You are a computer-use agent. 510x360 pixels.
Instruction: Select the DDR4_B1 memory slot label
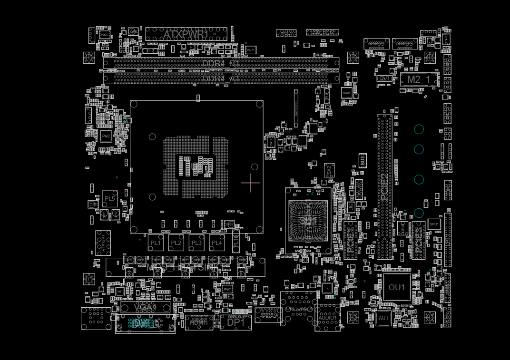coord(221,63)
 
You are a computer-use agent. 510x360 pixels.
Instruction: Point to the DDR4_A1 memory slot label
coord(221,78)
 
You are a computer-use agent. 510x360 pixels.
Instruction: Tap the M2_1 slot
coord(419,79)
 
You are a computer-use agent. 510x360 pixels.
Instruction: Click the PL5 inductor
coord(110,199)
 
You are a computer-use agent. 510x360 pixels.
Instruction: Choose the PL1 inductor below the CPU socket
coord(156,243)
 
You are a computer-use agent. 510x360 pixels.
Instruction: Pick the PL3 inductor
coord(196,243)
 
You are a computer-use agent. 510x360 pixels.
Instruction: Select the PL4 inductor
coord(217,243)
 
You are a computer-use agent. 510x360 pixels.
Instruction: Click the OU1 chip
coord(397,287)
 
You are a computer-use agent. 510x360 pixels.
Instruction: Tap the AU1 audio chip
coord(383,318)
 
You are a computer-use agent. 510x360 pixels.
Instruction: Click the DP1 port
coord(235,322)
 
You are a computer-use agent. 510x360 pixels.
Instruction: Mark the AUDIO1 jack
coord(328,318)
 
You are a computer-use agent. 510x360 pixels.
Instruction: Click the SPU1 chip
coord(434,224)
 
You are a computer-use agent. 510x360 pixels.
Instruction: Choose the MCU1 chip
coord(347,92)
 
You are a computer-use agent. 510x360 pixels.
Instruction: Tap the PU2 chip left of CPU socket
coord(106,136)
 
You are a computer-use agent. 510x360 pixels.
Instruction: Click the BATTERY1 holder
coord(296,108)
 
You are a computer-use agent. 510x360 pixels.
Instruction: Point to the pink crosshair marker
coord(250,183)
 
